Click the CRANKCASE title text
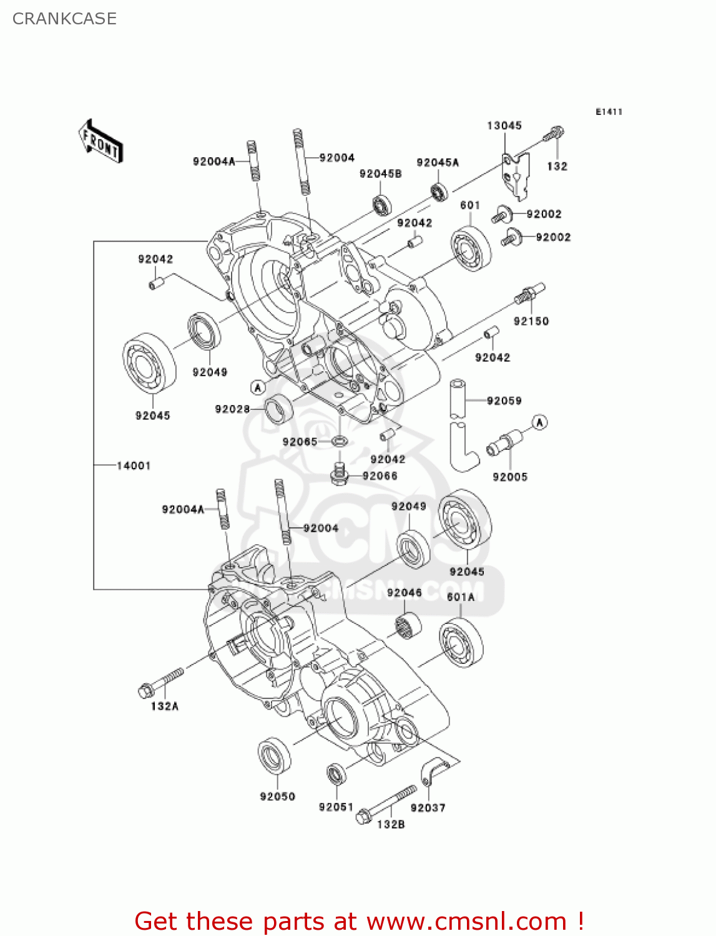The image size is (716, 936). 64,19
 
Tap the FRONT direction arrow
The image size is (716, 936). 101,142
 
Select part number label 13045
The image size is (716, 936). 504,125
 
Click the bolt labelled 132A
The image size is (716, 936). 160,682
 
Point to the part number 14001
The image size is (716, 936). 134,466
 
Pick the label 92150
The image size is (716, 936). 531,321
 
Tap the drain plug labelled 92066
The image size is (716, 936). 339,475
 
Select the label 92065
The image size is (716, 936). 300,442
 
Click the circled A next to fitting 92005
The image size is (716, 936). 539,422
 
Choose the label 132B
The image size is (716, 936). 391,824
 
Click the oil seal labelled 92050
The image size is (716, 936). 274,757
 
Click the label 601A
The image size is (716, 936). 461,597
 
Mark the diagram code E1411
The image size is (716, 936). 609,112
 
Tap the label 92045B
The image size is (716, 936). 380,174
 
